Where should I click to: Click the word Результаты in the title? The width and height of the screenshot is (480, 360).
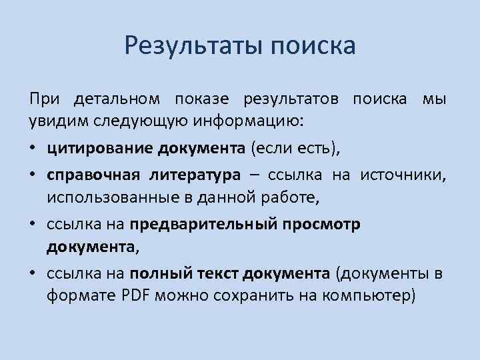pos(193,46)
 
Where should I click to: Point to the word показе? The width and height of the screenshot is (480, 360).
pos(201,99)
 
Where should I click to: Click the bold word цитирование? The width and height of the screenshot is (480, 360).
pos(100,149)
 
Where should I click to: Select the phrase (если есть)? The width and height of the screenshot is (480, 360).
pos(294,149)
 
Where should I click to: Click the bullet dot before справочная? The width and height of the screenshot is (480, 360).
pos(33,175)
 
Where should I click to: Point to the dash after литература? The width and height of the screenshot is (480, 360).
pos(254,175)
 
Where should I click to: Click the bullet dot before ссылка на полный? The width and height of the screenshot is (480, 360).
pos(33,273)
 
